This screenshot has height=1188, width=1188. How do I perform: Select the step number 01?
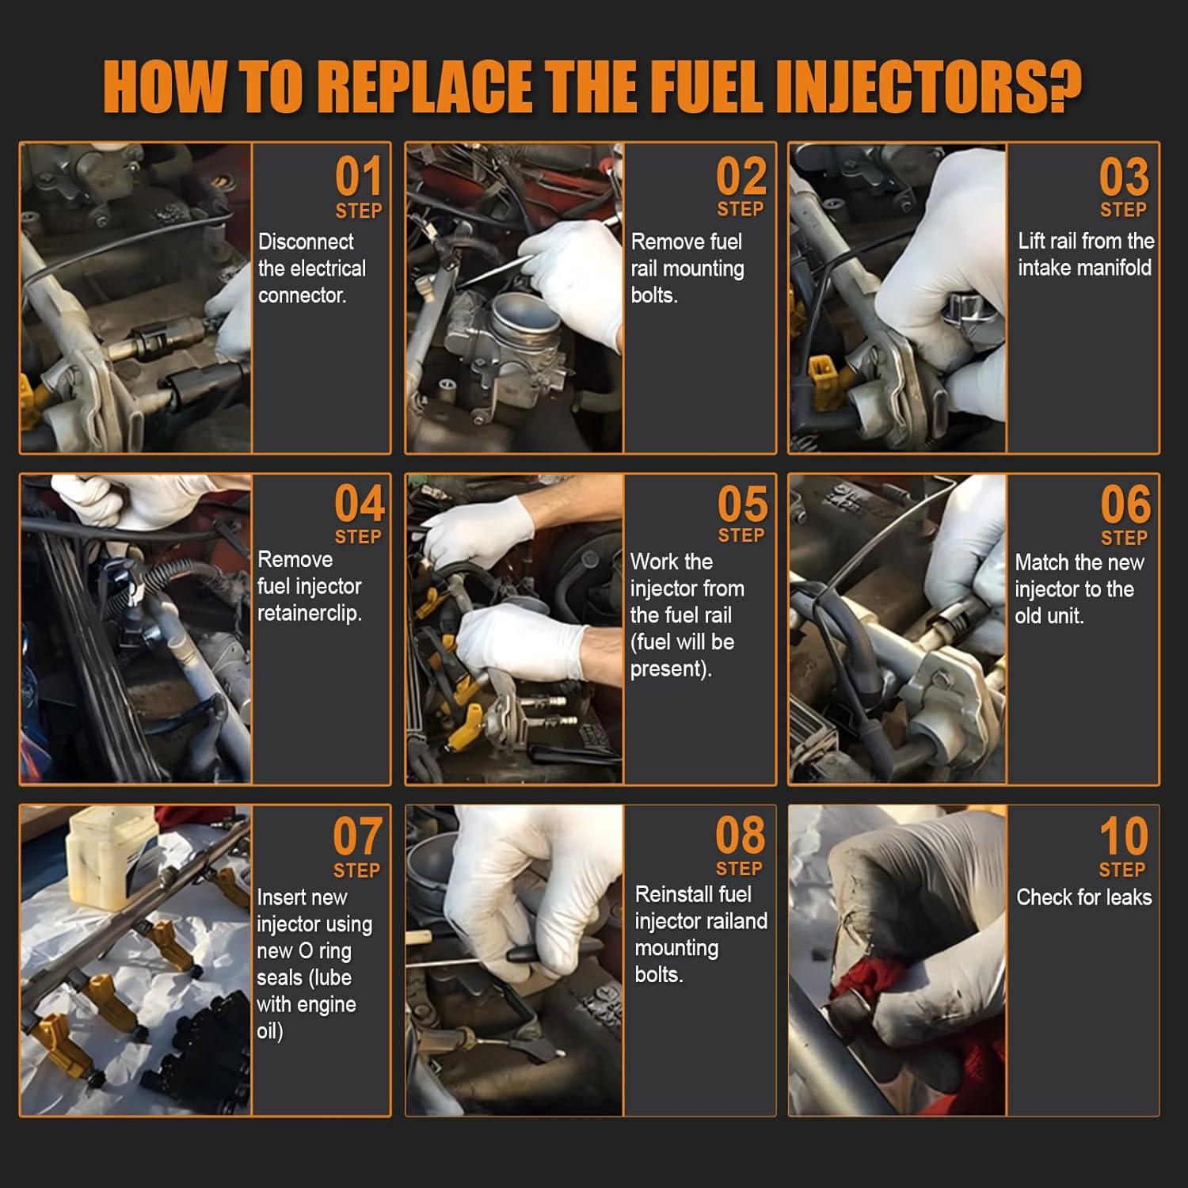pos(358,177)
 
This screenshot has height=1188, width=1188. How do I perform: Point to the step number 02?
pos(741,177)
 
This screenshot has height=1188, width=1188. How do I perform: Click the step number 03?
pos(1123,177)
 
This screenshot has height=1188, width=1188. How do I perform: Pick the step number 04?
pos(359,504)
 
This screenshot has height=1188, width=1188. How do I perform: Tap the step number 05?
pos(742,504)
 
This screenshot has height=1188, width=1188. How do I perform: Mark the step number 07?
pos(357,836)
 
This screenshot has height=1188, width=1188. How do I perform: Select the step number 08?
pos(740,836)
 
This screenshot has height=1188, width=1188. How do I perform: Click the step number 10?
pos(1123,836)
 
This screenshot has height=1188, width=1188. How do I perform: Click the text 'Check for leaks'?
pos(1083,897)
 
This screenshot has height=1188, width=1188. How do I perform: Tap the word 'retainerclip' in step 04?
pos(309,614)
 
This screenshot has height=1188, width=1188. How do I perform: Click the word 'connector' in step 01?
pos(301,295)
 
